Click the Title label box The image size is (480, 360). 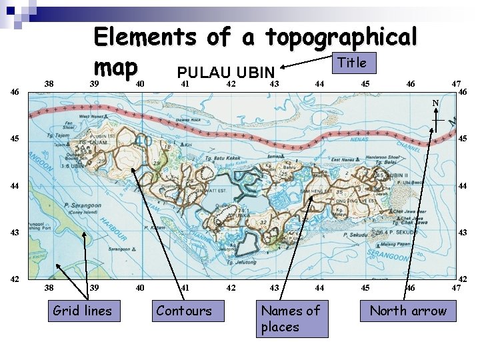[x=352, y=63]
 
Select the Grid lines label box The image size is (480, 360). [x=82, y=311]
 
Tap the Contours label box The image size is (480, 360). [x=183, y=311]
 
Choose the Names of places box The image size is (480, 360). [x=291, y=319]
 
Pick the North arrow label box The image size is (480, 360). [x=408, y=311]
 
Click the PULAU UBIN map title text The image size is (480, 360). [x=226, y=72]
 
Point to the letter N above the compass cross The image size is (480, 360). [x=434, y=103]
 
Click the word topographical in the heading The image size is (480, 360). [x=341, y=37]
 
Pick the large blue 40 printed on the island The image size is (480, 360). [x=144, y=142]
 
